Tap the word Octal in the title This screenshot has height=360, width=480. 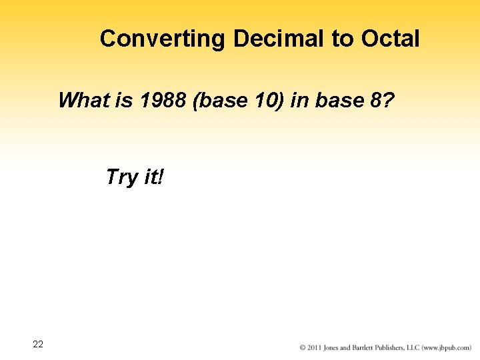(x=390, y=39)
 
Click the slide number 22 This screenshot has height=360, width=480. (x=38, y=344)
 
